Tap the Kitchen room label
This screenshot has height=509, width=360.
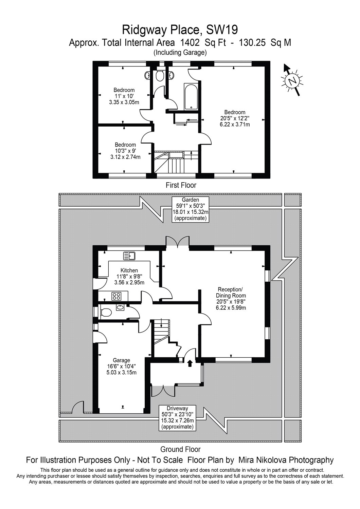(x=129, y=276)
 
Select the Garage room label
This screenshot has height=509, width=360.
(x=122, y=366)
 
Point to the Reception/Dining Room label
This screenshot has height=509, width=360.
(x=231, y=299)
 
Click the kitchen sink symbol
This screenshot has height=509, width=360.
(x=129, y=256)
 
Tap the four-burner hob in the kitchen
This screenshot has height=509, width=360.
(x=116, y=296)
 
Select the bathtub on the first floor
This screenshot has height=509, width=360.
(x=191, y=97)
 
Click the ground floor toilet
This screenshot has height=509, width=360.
(x=106, y=313)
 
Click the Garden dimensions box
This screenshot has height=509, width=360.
(x=190, y=209)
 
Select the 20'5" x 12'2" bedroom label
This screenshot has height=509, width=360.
(x=235, y=118)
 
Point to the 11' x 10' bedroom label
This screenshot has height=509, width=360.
(x=124, y=96)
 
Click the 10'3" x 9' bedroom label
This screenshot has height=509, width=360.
(x=125, y=151)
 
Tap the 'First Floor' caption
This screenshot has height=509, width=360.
(x=181, y=185)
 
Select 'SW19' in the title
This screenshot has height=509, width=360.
(x=222, y=30)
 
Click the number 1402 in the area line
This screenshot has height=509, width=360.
(x=190, y=42)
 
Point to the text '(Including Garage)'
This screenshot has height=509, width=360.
(x=180, y=53)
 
